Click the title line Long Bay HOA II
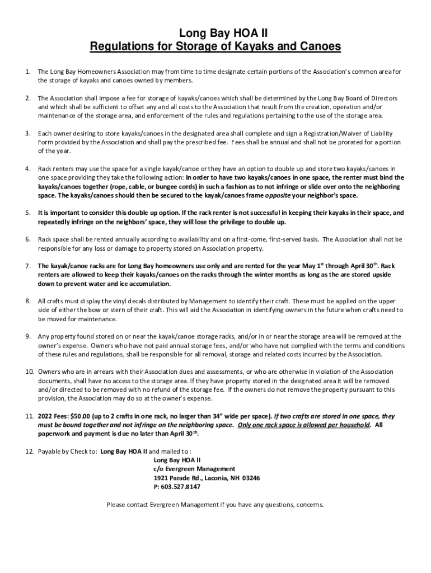[215, 34]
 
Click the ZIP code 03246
[250, 478]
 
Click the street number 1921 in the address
[162, 478]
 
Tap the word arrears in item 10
[88, 372]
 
